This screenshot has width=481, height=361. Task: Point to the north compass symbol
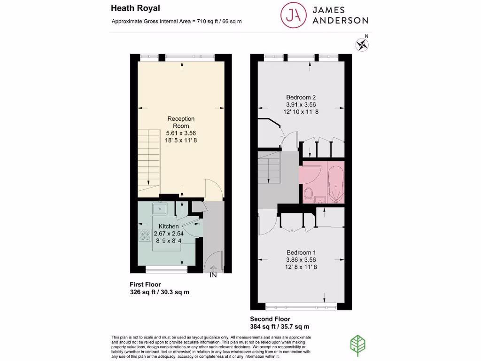pos(362,45)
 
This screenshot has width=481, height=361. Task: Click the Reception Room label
pos(181,122)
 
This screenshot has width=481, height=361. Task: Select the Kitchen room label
pos(169,227)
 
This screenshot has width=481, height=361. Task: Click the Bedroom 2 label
pos(301,97)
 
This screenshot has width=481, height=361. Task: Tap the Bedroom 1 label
pos(301,252)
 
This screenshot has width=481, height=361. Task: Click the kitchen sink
pos(160,207)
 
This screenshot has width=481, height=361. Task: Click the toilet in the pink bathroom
pos(309,193)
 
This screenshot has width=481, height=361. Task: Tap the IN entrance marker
pos(213,275)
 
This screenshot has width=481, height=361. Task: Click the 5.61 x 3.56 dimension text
pos(181,133)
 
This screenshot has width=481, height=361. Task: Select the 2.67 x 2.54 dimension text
pos(169,234)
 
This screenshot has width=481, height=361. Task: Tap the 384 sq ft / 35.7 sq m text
pos(279,327)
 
